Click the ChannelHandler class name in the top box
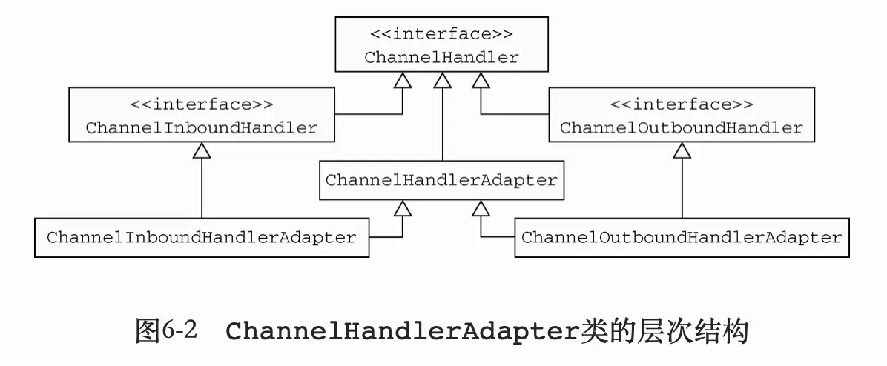click(441, 57)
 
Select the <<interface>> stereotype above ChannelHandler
click(441, 33)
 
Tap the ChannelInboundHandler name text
click(202, 127)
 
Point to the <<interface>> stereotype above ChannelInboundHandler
click(202, 104)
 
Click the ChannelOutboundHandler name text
click(681, 127)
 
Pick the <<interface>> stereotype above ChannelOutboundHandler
click(681, 104)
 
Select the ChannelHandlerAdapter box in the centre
click(441, 180)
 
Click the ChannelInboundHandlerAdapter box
click(202, 238)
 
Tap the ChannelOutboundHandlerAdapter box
click(682, 238)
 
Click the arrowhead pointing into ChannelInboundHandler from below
click(202, 150)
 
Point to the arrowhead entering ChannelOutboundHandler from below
click(682, 150)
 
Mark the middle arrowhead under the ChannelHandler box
click(442, 80)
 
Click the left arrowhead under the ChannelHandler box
click(402, 80)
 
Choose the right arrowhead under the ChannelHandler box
click(481, 80)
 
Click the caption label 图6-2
click(166, 330)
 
